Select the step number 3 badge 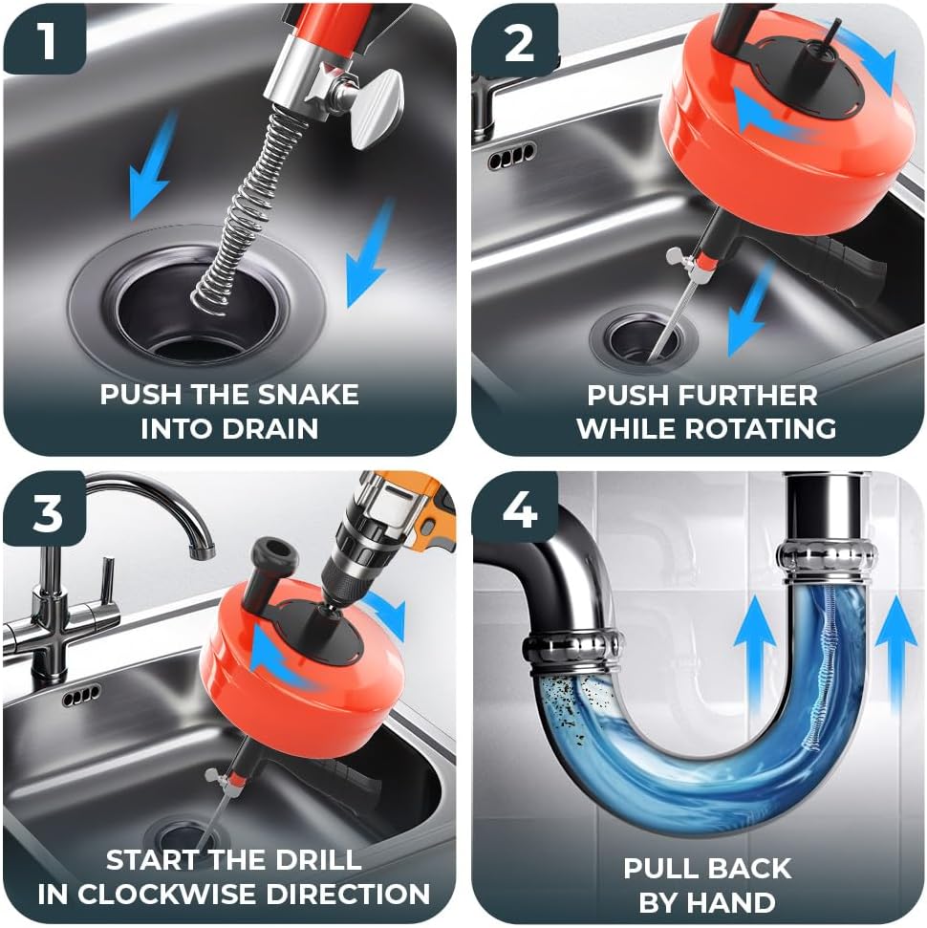[x=46, y=512]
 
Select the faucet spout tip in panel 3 [x=200, y=549]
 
